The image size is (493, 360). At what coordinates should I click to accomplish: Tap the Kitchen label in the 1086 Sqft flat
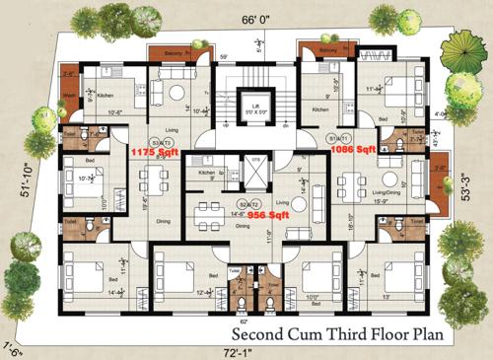pyautogui.click(x=320, y=110)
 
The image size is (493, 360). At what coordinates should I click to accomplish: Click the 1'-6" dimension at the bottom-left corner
pyautogui.click(x=12, y=346)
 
